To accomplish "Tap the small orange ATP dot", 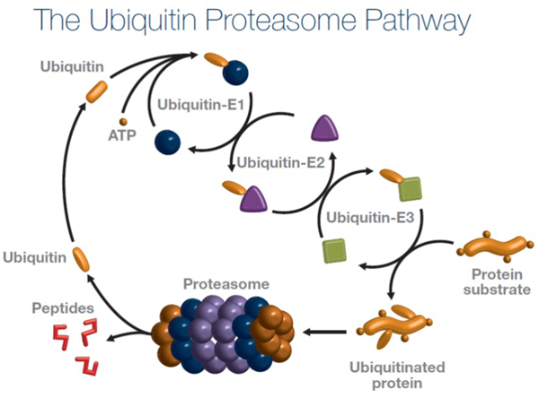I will pos(124,120).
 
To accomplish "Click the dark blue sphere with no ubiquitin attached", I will pos(166,140).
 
